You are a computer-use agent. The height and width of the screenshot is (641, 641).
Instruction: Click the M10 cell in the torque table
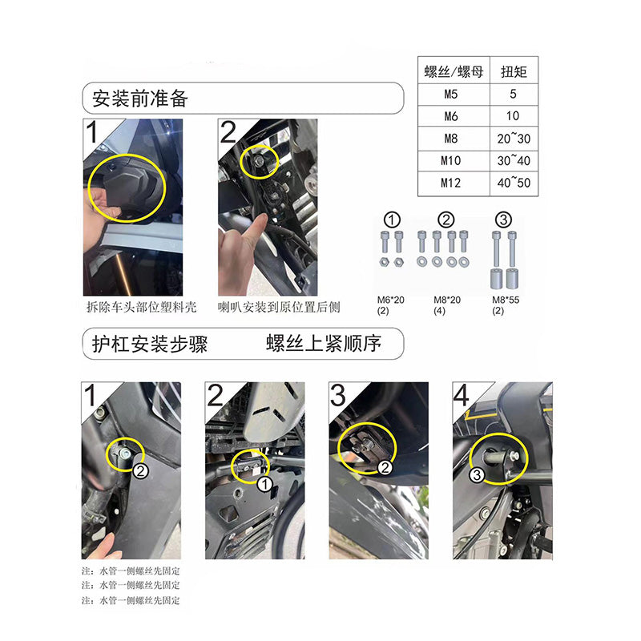coord(450,161)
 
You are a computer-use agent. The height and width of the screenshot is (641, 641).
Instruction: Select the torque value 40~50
coord(514,183)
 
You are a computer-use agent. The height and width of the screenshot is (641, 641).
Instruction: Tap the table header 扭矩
coord(514,72)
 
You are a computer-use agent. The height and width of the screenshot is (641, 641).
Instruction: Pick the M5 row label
coord(450,95)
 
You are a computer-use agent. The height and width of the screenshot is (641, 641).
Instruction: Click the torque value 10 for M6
coord(513,116)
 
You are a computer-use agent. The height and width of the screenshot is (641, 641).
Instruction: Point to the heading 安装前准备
coord(139,99)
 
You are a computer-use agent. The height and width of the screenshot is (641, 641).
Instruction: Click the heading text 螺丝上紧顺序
coord(324,343)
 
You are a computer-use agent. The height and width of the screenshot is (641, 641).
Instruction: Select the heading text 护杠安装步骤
coord(150,344)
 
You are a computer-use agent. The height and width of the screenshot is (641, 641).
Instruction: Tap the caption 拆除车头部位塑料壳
coord(142,307)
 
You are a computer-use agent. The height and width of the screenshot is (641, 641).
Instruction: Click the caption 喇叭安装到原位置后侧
coord(279,307)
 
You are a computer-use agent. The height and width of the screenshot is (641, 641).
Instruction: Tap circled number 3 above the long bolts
coord(503,220)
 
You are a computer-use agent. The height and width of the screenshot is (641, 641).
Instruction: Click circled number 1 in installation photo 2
coord(264,485)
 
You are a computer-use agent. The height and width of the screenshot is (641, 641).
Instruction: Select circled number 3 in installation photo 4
coord(477,475)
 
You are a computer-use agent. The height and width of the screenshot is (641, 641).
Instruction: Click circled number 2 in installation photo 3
coord(385,467)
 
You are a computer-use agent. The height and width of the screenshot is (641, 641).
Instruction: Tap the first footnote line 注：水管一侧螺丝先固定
coord(131,571)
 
